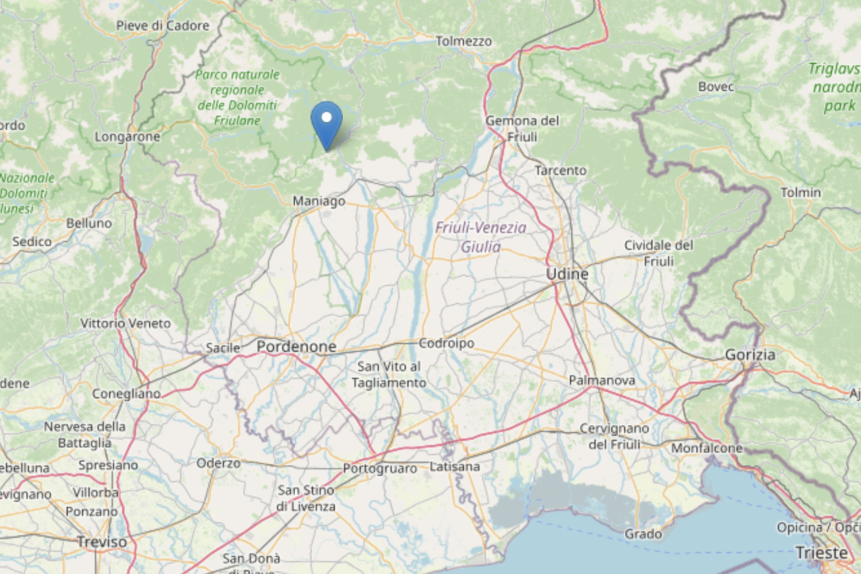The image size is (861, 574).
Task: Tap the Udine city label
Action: [x=567, y=274]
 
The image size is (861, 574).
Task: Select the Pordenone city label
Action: [x=296, y=347]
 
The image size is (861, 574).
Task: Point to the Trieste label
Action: [x=821, y=553]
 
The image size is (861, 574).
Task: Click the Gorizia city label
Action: [x=750, y=355]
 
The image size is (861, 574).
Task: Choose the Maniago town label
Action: [x=319, y=201]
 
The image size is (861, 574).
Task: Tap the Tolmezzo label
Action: [x=463, y=41]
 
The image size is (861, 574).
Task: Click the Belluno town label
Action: [x=89, y=223]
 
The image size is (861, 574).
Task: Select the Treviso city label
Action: [x=102, y=541]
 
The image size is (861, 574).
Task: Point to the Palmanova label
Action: [x=602, y=381]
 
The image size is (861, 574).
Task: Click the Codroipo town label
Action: [x=446, y=343]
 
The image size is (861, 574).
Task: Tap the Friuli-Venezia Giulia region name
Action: [x=480, y=237]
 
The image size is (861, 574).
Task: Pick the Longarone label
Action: [x=127, y=137]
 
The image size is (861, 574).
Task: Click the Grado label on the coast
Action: [x=643, y=534]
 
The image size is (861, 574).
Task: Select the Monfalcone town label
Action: [x=707, y=448]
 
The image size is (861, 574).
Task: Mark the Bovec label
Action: [x=716, y=87]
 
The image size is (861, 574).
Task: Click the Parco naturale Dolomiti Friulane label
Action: [x=237, y=98]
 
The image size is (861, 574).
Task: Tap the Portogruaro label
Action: [x=380, y=468]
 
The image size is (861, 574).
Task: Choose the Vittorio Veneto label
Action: [x=126, y=323]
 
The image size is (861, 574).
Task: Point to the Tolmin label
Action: [x=800, y=193]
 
